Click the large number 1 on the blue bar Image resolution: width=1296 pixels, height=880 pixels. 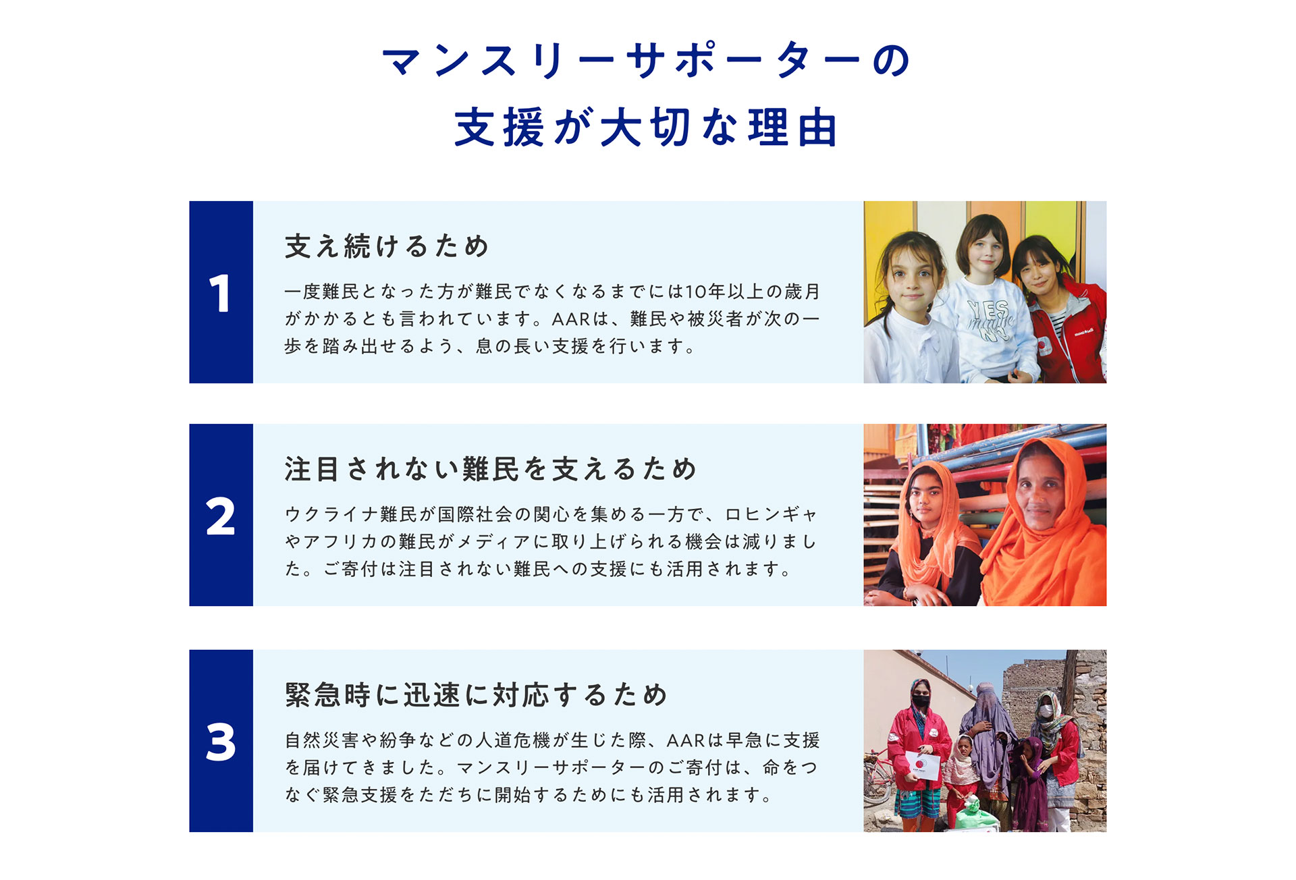[220, 294]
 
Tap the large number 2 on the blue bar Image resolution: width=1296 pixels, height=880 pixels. [221, 517]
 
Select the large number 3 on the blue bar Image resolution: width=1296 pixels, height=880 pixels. [221, 742]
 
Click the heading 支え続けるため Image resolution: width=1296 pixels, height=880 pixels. [387, 246]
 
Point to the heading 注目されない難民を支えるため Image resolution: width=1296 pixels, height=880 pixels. [491, 469]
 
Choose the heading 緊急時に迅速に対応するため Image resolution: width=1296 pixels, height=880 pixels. [476, 695]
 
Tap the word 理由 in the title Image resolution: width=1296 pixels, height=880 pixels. [794, 127]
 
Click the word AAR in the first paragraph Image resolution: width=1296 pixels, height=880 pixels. [571, 319]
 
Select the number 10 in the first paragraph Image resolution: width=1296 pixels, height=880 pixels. [696, 292]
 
